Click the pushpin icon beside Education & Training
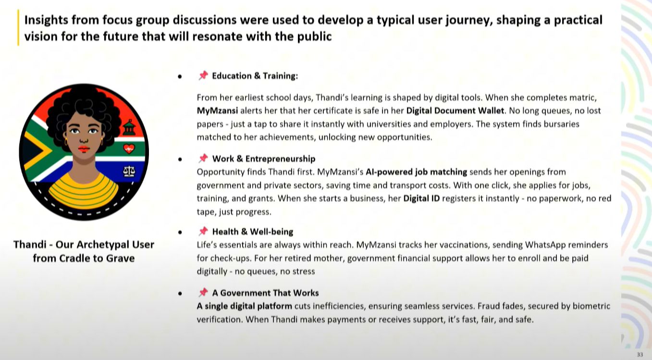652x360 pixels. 203,75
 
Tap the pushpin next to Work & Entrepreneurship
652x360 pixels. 203,158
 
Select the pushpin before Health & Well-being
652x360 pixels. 203,231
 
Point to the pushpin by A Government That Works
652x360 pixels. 203,292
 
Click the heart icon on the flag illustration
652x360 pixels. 129,149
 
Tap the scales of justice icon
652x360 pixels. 129,172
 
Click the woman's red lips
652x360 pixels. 84,149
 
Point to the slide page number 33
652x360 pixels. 640,354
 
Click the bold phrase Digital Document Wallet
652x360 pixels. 455,111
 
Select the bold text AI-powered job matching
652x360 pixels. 416,172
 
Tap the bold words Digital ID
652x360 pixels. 421,199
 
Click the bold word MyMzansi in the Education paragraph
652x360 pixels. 217,111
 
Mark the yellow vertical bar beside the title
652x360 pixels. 18,28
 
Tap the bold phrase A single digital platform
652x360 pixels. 244,306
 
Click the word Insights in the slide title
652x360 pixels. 46,20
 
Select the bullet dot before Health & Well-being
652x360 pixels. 180,232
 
